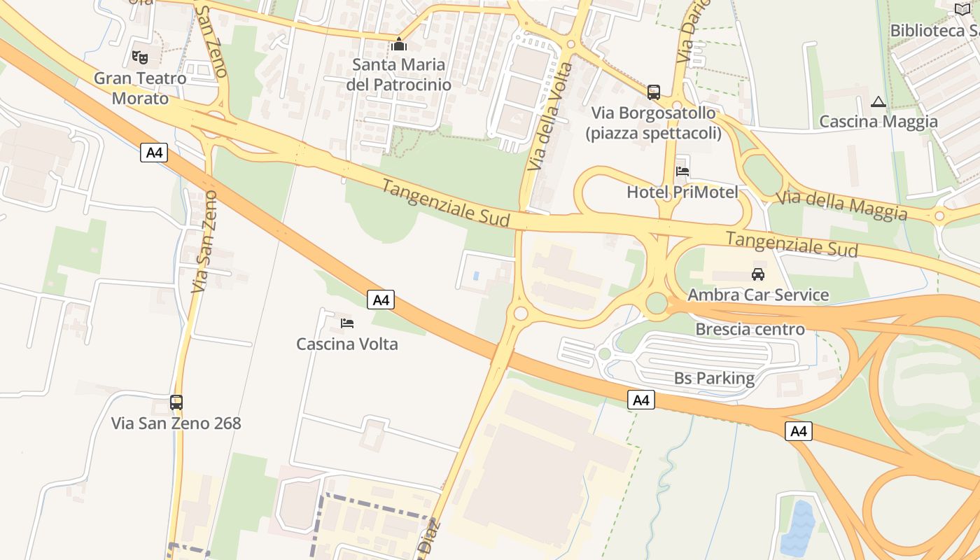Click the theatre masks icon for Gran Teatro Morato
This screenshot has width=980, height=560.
(x=140, y=57)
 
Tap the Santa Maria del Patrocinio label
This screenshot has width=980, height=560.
(x=398, y=74)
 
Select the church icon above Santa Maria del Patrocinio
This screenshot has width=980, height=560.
(x=399, y=45)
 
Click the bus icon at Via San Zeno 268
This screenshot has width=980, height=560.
(x=176, y=402)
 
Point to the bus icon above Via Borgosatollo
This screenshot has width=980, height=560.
(x=654, y=92)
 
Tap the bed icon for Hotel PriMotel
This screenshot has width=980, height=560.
(x=682, y=171)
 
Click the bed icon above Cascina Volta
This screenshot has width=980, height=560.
(x=347, y=323)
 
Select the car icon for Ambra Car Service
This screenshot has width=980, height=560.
(x=758, y=274)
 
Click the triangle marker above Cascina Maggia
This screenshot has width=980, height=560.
(x=878, y=102)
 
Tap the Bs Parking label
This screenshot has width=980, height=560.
(x=714, y=379)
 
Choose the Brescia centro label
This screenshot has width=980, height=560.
(x=750, y=329)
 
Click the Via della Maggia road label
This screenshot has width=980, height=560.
(x=842, y=204)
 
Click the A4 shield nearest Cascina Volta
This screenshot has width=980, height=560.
(x=381, y=300)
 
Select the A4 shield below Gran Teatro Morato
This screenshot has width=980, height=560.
(x=154, y=153)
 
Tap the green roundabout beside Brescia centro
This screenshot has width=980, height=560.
(x=657, y=303)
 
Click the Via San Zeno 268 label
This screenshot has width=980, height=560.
(x=176, y=423)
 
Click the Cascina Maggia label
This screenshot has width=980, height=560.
(x=878, y=122)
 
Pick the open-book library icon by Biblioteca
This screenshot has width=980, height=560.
(x=963, y=9)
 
